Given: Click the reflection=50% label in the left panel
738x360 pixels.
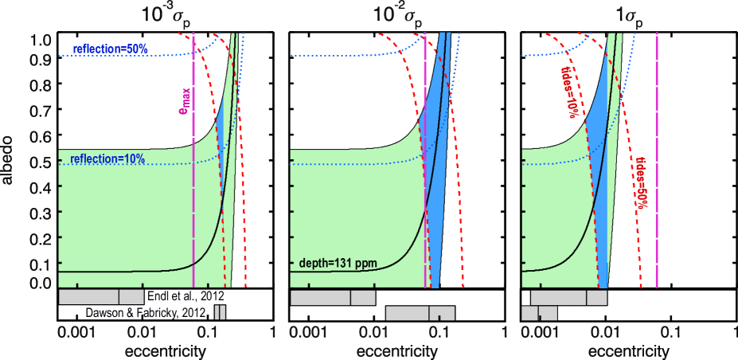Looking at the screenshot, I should (x=110, y=49).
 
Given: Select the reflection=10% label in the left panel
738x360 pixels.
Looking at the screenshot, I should (x=107, y=159).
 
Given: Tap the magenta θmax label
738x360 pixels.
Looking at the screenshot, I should (x=185, y=100).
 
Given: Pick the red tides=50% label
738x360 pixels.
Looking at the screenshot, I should (x=640, y=183).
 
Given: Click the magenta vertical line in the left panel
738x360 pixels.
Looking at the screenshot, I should (x=193, y=223).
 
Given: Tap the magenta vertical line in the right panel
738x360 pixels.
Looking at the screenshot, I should (x=657, y=159).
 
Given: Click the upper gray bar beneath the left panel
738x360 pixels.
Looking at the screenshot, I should (x=101, y=297).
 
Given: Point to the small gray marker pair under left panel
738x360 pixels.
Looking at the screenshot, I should (x=221, y=313).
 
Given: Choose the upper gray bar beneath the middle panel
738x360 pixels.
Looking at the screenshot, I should (x=332, y=297).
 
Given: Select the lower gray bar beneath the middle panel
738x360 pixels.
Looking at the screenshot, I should (x=420, y=313).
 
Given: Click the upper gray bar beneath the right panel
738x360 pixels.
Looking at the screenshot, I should (x=568, y=297).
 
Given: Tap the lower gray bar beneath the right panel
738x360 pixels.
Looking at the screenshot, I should (x=539, y=313).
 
